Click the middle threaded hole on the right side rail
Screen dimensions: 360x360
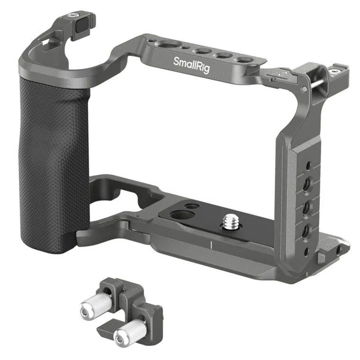pos(307,207)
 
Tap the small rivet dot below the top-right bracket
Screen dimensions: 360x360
pos(302,88)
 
